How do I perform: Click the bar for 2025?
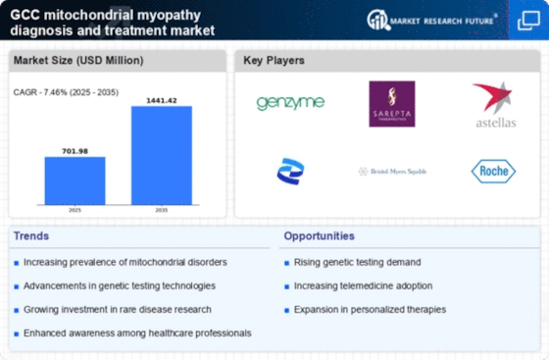pyautogui.click(x=75, y=180)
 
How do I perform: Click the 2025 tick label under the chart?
pyautogui.click(x=75, y=209)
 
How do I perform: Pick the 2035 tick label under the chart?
pyautogui.click(x=162, y=209)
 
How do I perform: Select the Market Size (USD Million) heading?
pyautogui.click(x=77, y=61)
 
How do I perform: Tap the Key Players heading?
pyautogui.click(x=274, y=61)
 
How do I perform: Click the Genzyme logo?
pyautogui.click(x=290, y=103)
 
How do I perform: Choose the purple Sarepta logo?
pyautogui.click(x=391, y=103)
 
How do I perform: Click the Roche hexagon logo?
pyautogui.click(x=493, y=172)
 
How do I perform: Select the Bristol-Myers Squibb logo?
pyautogui.click(x=391, y=172)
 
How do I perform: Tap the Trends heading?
pyautogui.click(x=31, y=236)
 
